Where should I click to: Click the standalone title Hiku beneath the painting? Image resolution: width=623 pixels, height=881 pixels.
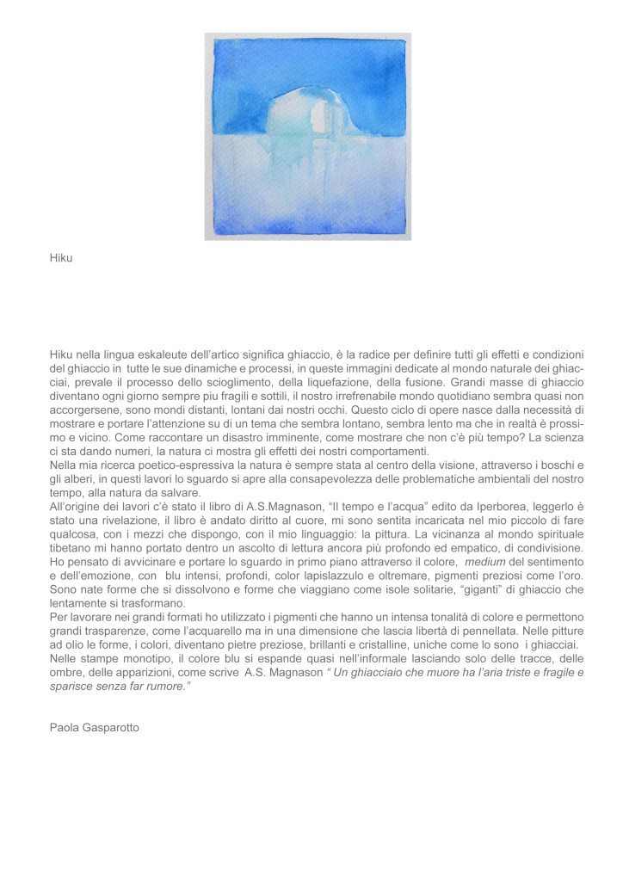[x=61, y=257]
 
